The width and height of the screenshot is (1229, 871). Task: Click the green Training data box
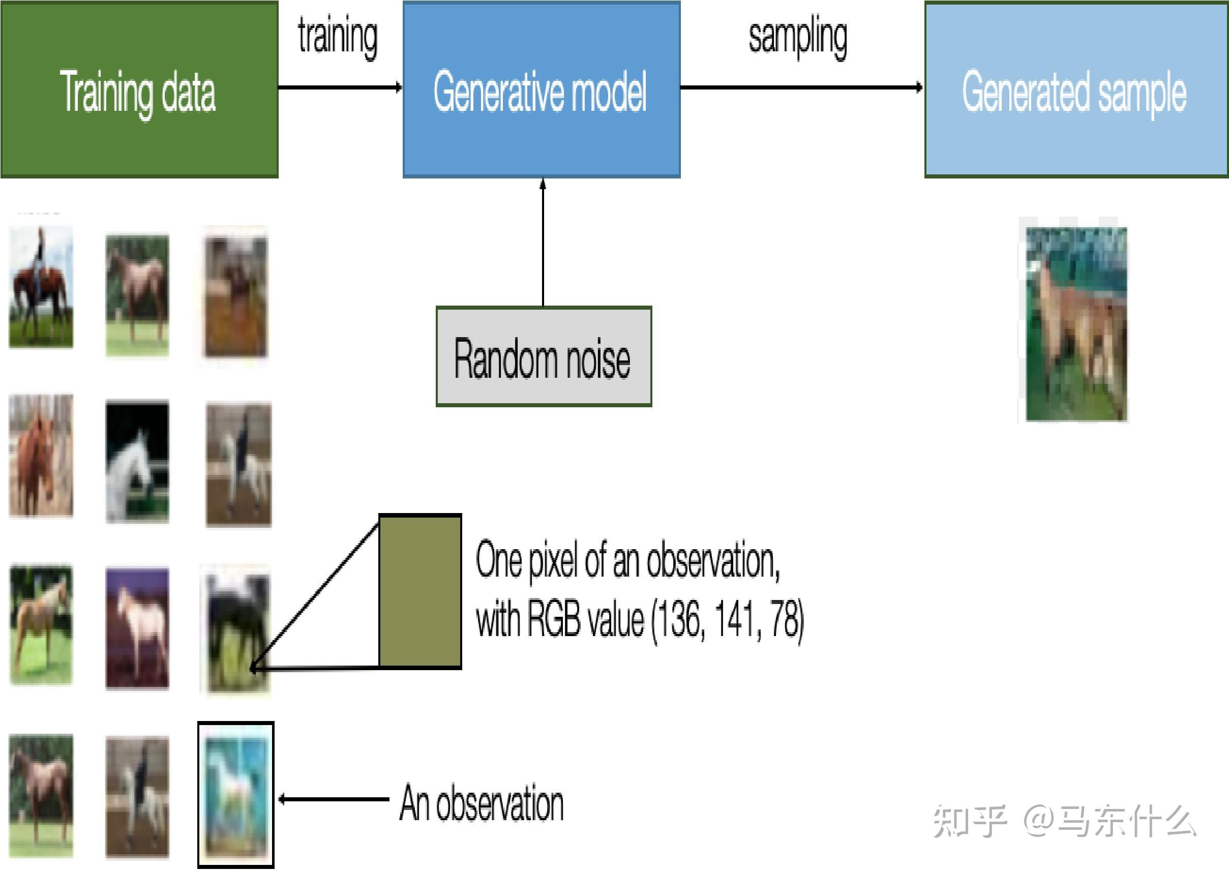click(139, 89)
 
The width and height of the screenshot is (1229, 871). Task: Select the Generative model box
click(542, 89)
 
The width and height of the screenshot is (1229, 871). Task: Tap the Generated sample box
click(1076, 89)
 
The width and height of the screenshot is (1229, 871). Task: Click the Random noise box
click(544, 356)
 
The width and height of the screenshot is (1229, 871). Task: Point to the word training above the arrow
click(338, 37)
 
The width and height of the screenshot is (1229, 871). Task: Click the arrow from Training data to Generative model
click(340, 87)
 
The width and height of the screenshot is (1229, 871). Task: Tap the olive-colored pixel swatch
click(420, 591)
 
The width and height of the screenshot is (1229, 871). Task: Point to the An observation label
click(481, 803)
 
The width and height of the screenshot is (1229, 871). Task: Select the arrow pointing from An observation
click(334, 800)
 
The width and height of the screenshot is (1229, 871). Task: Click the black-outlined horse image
click(236, 795)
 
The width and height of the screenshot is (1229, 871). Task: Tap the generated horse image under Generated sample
click(1075, 324)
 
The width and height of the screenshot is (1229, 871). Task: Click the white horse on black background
click(137, 461)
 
